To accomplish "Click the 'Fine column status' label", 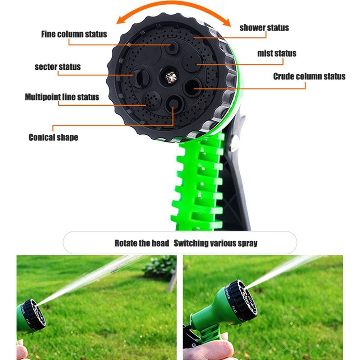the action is pyautogui.click(x=74, y=34).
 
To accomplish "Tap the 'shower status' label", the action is pyautogui.click(x=264, y=28).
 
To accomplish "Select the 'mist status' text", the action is pyautogui.click(x=277, y=53).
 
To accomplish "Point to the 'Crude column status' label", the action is pyautogui.click(x=309, y=77).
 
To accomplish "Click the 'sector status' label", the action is pyautogui.click(x=57, y=67).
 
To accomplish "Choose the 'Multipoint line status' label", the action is pyautogui.click(x=62, y=97).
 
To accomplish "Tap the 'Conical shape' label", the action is pyautogui.click(x=53, y=137).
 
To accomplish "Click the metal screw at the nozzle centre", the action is pyautogui.click(x=171, y=77).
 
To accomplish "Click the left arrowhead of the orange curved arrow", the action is pyautogui.click(x=120, y=21).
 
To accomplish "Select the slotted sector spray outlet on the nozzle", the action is pyautogui.click(x=140, y=78).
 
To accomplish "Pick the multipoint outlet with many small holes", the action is pyautogui.click(x=152, y=100).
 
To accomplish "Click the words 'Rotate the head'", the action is pyautogui.click(x=142, y=243).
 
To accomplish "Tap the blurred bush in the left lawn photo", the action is pyautogui.click(x=160, y=267).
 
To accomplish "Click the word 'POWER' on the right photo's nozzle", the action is pyautogui.click(x=228, y=294).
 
